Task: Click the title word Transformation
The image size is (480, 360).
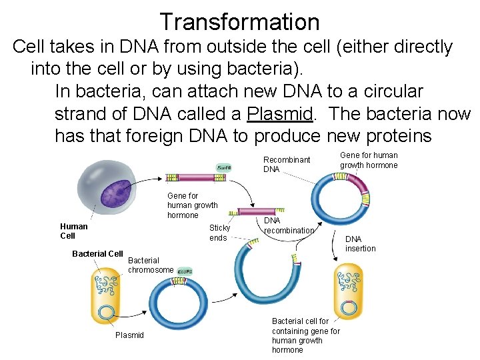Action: pos(240,22)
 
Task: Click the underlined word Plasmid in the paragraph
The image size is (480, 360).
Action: pos(280,113)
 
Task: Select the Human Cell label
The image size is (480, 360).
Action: pos(74,231)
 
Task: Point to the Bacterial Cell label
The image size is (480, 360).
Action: pos(97,254)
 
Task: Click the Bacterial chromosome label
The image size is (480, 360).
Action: pos(151,265)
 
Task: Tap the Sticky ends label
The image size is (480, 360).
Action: pos(219,233)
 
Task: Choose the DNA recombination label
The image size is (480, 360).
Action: pos(289,225)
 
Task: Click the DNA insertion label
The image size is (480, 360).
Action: pos(360,243)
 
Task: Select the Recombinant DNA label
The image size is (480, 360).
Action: pos(287,165)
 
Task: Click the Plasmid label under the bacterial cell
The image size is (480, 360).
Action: pos(129,335)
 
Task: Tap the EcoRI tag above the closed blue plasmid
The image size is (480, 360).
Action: pos(185,271)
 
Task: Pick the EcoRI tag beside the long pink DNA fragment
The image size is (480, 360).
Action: pos(224,167)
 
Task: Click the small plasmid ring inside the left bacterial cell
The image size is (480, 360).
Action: pos(105,312)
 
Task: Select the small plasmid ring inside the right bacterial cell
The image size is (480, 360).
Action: pos(349,307)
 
